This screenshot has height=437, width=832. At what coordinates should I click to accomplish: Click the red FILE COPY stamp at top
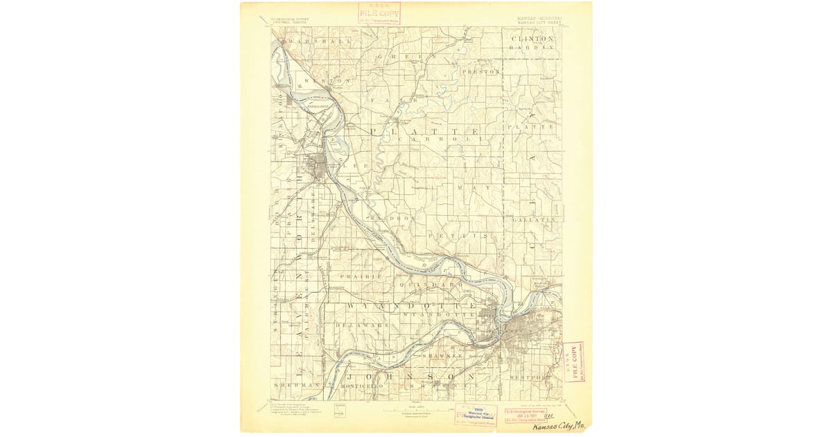coord(379,13)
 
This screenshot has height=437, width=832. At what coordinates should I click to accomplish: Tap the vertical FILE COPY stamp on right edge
coord(573,361)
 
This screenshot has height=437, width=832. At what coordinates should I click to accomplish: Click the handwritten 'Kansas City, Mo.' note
coord(562,425)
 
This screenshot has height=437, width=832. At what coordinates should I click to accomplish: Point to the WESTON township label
coord(319,81)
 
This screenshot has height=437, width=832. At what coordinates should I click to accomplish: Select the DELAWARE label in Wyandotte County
coord(358,325)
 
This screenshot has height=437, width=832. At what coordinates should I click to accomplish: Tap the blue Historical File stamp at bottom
coord(476,414)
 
